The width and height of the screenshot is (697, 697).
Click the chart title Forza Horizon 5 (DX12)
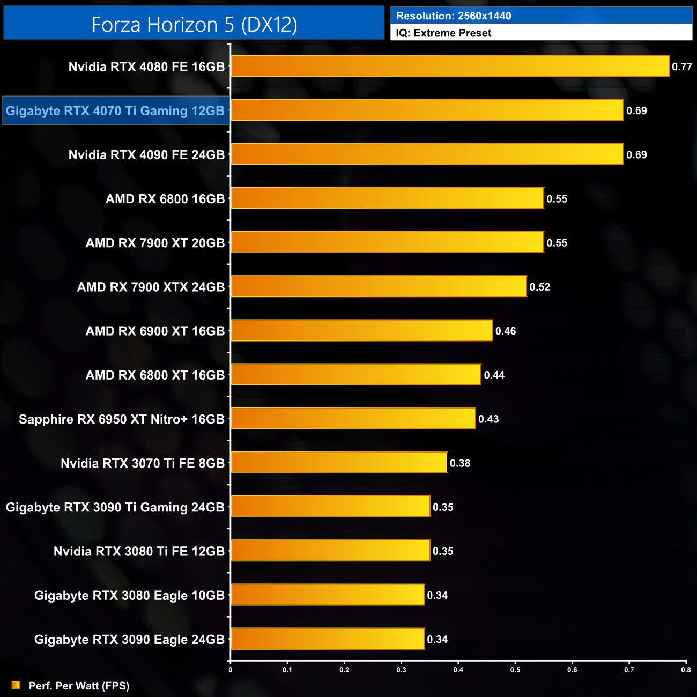(x=194, y=25)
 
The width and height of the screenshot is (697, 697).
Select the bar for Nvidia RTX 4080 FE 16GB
(x=450, y=66)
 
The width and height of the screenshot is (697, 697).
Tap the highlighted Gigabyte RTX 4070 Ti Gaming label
(x=115, y=111)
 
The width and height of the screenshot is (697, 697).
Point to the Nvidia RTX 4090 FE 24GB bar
(x=427, y=154)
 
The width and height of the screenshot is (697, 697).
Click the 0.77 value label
(x=682, y=67)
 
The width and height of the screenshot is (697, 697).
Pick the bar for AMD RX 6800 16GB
(x=387, y=198)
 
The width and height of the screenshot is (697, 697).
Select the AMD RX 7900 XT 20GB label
(x=155, y=243)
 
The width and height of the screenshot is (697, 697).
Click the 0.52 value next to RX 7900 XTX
(x=540, y=287)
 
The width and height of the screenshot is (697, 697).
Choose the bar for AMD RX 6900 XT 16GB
(x=361, y=331)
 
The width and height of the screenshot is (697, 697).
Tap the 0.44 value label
(x=494, y=375)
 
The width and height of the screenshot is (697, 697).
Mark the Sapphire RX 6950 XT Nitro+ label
(x=122, y=419)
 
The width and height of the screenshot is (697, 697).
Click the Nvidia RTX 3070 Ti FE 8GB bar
(x=339, y=463)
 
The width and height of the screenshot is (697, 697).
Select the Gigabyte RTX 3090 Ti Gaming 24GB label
(x=115, y=507)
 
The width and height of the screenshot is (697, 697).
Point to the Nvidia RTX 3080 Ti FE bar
(x=330, y=551)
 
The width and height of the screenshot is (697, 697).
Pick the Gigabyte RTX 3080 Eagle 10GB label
(x=129, y=596)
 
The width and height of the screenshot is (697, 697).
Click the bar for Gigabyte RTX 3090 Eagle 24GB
(x=327, y=639)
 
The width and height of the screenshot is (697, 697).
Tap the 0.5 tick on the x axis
(x=515, y=670)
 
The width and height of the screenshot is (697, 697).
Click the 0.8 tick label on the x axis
(x=686, y=670)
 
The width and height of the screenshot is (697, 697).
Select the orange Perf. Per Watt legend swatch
(x=16, y=686)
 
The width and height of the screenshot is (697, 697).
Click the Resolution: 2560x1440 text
(x=454, y=16)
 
